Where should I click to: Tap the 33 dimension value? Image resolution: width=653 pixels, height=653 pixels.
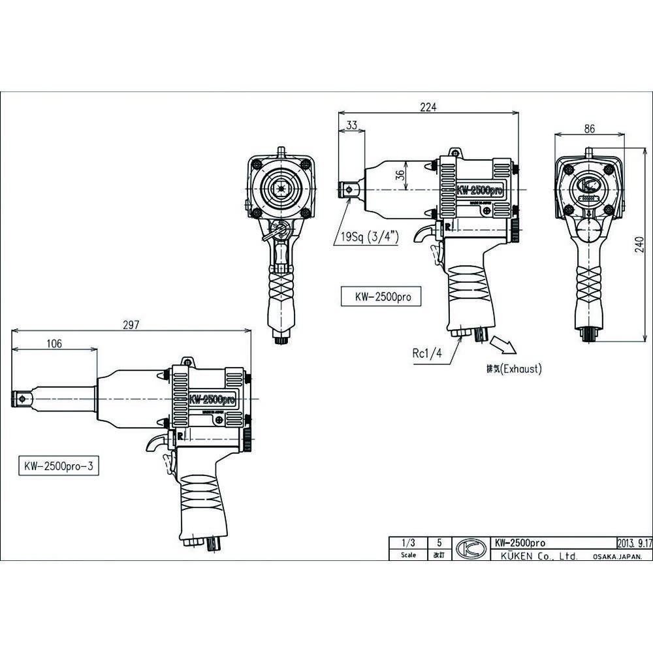pos(351,125)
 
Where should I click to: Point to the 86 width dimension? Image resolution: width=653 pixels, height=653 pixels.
pos(589,129)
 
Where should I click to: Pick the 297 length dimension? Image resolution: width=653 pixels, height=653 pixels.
pos(132,326)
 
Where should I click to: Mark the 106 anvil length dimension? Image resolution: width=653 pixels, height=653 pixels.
pos(54,344)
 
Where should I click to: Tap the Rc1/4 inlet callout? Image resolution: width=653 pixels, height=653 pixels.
pos(426,353)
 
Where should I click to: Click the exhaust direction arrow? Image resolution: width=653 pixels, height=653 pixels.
pos(503,345)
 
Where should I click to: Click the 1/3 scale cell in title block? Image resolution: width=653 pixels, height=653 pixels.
pos(409,542)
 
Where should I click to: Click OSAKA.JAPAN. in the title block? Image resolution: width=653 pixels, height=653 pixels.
pos(617,556)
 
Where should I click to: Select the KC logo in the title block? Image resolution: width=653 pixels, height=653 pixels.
pos(468,549)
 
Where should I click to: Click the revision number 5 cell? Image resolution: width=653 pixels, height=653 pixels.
pos(439,542)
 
